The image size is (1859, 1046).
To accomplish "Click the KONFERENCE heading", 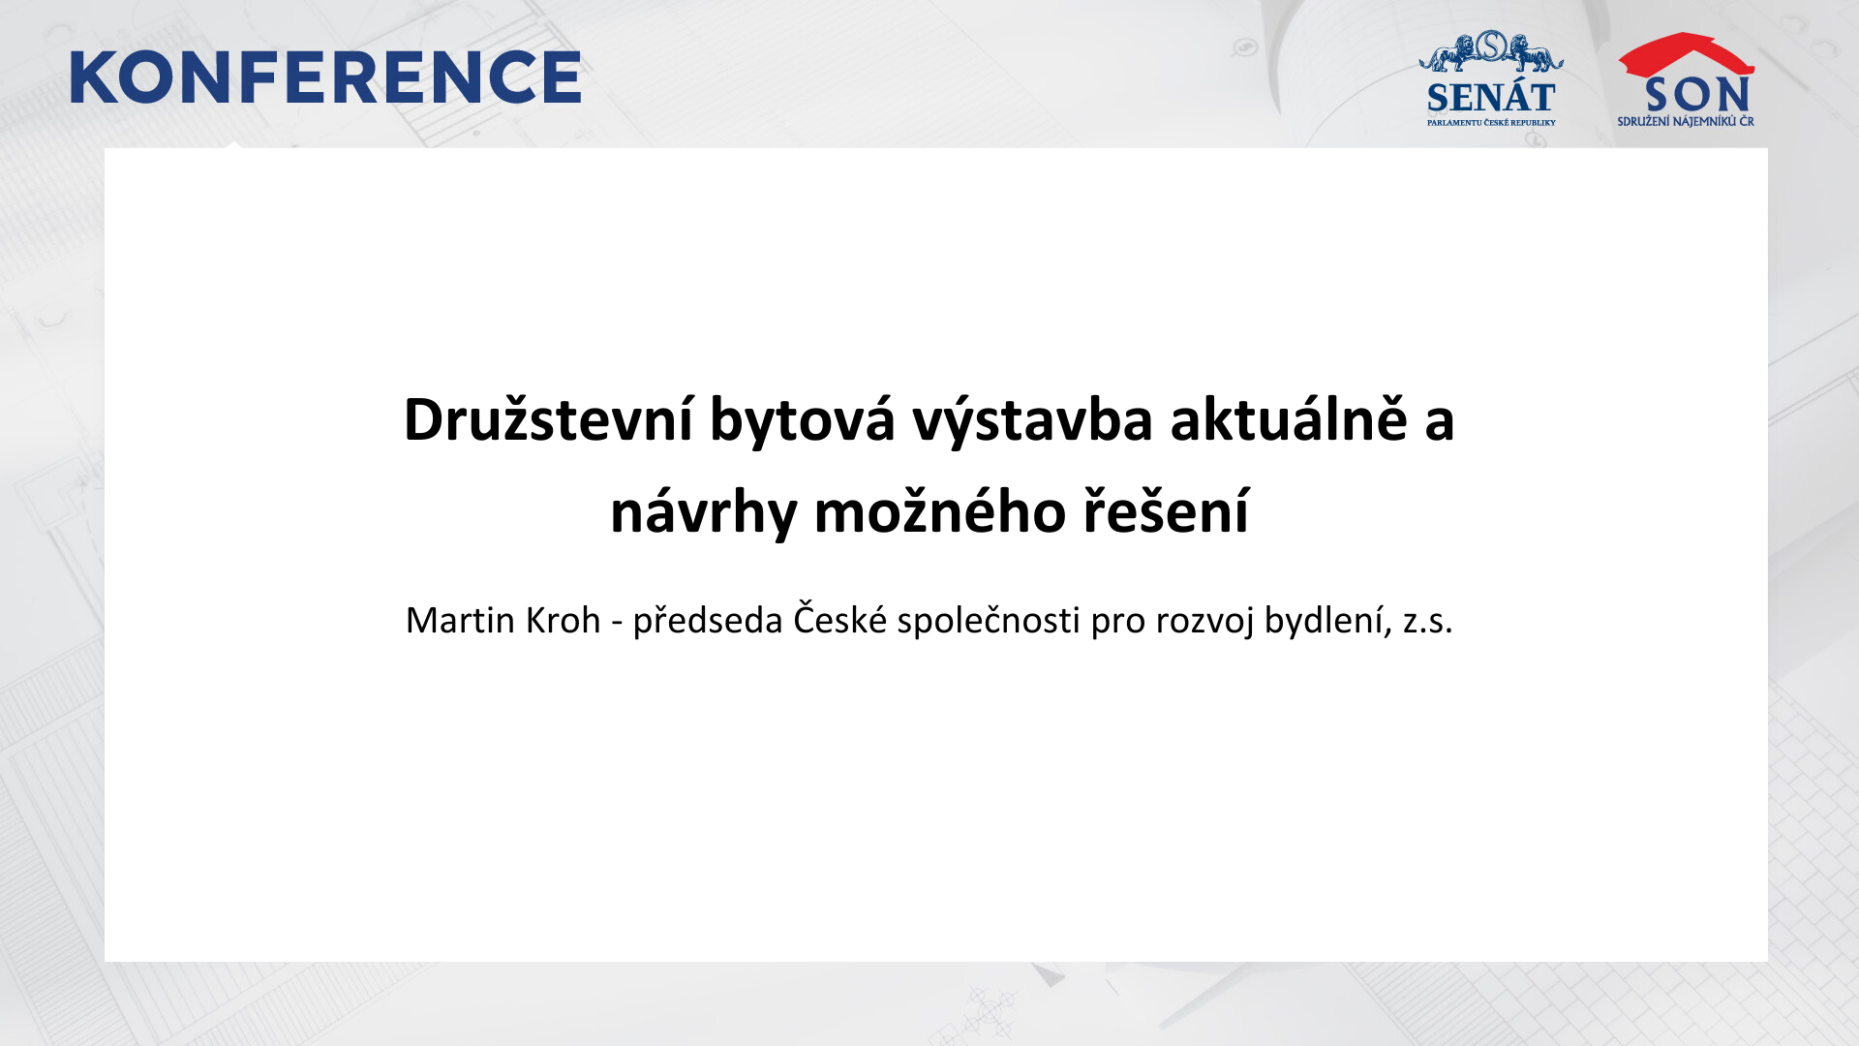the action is tap(325, 77).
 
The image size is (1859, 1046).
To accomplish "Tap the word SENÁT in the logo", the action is tap(1491, 98).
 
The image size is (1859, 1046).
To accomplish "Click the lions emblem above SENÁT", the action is tap(1491, 51).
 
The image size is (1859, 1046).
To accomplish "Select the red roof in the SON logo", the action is tap(1686, 54).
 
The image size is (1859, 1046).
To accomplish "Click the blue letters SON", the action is tap(1697, 95).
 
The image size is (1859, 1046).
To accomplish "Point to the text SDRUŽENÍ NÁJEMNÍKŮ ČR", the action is tap(1686, 121).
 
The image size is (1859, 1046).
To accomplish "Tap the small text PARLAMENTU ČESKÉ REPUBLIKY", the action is tap(1491, 123).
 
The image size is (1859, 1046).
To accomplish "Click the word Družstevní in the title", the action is tap(548, 419).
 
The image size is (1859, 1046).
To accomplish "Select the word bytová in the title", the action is tap(803, 421).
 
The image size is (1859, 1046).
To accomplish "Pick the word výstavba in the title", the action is tap(1032, 421).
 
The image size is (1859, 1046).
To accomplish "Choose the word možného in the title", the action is tap(939, 510).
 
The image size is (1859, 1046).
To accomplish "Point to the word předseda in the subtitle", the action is tap(707, 621).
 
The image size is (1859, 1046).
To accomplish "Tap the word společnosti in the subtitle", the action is tap(988, 621).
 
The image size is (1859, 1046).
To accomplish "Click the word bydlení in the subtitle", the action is tap(1328, 621).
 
